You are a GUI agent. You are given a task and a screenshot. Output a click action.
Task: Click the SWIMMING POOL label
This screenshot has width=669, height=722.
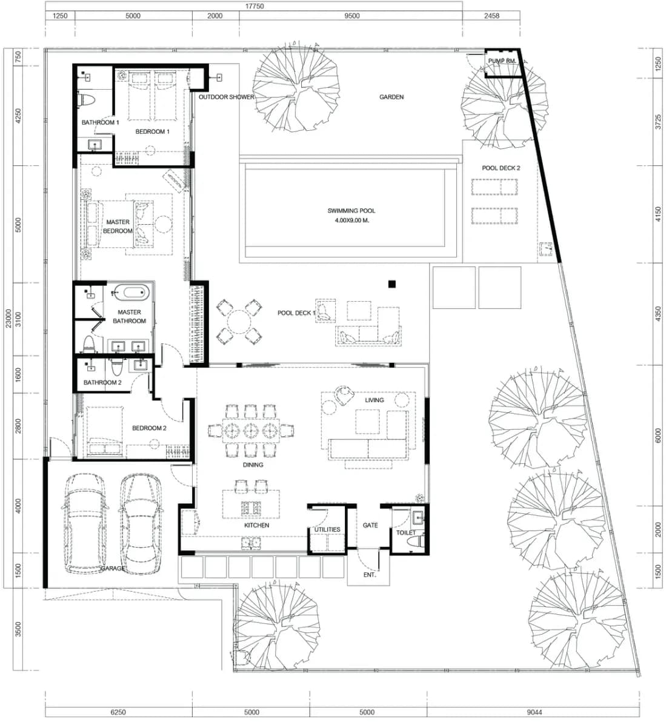coord(351,211)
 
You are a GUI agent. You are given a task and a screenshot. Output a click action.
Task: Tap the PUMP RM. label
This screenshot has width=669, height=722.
coord(502,61)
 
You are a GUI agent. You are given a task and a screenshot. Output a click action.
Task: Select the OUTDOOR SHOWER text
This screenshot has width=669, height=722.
coord(226,97)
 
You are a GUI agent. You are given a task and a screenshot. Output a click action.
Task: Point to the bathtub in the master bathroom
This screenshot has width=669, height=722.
coord(131,293)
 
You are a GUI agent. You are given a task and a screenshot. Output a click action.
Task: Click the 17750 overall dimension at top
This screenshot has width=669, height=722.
coord(255,7)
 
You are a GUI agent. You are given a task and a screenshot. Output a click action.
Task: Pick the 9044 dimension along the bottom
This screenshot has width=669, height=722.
coord(534,712)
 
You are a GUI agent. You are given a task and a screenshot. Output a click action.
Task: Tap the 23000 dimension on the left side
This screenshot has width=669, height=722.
coord(8,318)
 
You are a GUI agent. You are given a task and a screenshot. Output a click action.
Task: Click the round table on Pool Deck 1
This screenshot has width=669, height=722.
coord(239,322)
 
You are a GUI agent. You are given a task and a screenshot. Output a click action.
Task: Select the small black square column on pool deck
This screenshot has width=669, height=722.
coord(391,284)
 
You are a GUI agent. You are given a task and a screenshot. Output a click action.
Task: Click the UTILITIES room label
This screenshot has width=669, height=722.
coord(327,529)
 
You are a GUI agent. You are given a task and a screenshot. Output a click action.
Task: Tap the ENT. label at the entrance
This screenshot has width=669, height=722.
coord(370,575)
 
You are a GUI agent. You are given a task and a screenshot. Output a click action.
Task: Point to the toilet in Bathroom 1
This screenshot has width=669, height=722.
coord(86,99)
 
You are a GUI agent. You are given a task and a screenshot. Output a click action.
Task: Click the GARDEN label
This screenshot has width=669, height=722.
coord(391,97)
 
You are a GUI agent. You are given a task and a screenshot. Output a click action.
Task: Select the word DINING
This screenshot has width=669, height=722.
coord(253,465)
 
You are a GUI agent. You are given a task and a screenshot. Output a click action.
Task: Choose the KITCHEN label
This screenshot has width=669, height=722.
coord(257,525)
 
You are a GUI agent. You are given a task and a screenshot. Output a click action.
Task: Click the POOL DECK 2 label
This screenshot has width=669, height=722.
coord(501,168)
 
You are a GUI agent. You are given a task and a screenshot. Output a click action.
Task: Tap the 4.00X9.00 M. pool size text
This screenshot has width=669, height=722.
coord(352,220)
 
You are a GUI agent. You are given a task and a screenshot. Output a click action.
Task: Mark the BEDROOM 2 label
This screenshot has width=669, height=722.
coord(149,428)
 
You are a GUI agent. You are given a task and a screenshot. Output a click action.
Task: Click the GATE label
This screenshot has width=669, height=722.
coord(370,525)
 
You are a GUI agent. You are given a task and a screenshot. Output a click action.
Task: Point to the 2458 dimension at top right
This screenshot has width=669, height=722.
coord(491,16)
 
